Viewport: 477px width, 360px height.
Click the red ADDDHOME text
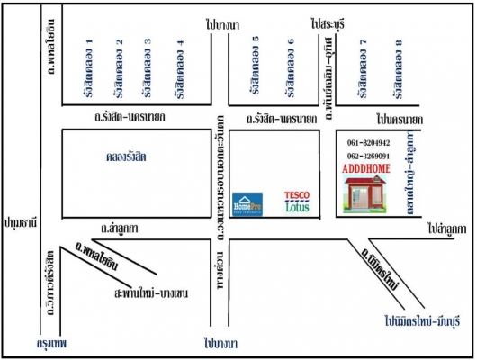(x=366, y=167)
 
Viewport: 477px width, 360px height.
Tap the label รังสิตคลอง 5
(x=257, y=67)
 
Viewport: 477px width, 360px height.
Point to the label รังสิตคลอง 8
(x=397, y=67)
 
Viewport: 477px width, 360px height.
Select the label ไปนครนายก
(x=400, y=118)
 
